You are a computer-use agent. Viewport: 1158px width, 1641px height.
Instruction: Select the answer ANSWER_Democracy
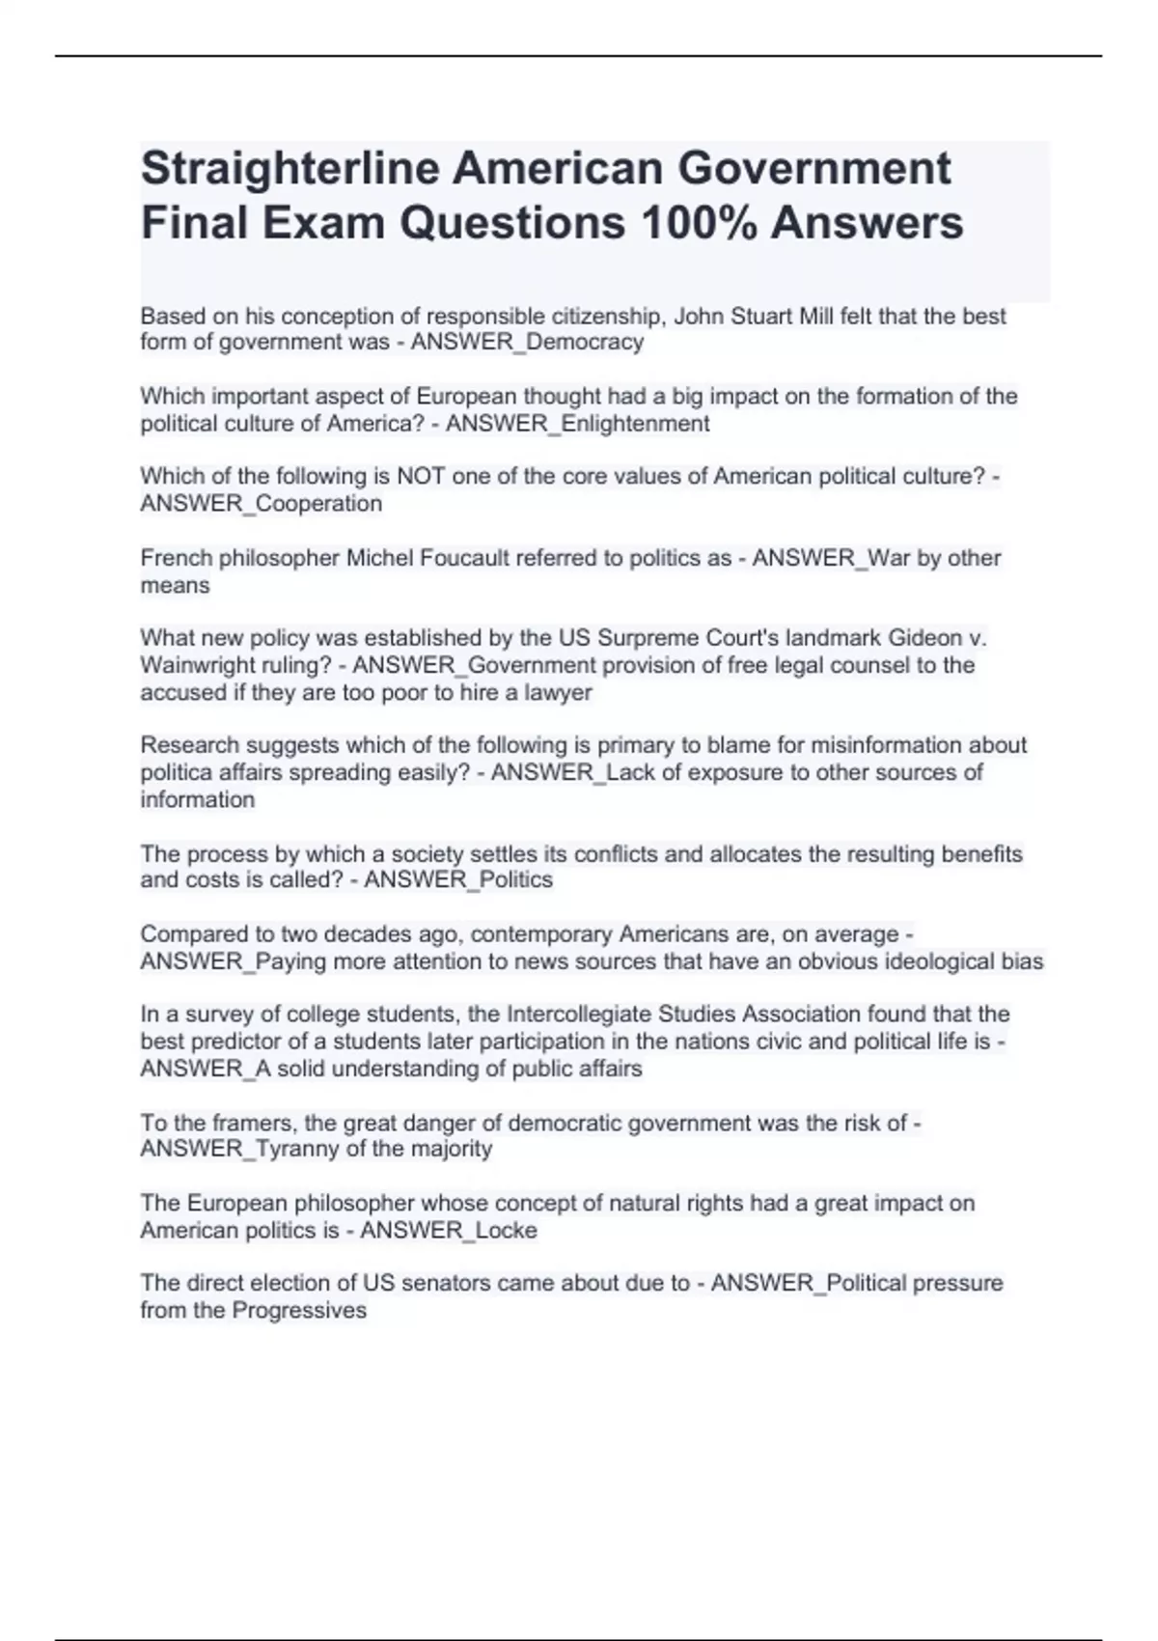point(527,343)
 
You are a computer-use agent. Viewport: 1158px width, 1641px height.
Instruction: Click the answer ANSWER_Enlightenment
point(577,424)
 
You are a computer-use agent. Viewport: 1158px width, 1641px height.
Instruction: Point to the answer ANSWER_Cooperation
point(261,504)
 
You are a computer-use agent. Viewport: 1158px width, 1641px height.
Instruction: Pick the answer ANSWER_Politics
point(458,880)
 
